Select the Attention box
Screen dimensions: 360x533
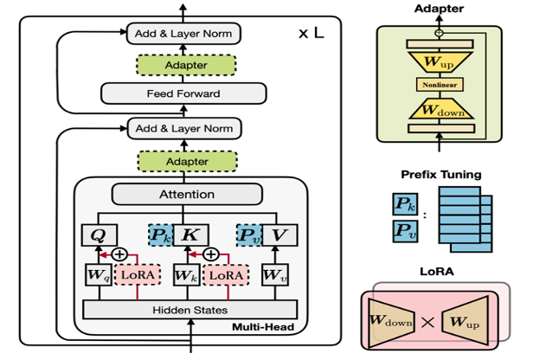pos(186,195)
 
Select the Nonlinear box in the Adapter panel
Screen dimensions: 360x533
pos(440,84)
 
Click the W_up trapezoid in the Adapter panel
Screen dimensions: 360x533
pos(440,61)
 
